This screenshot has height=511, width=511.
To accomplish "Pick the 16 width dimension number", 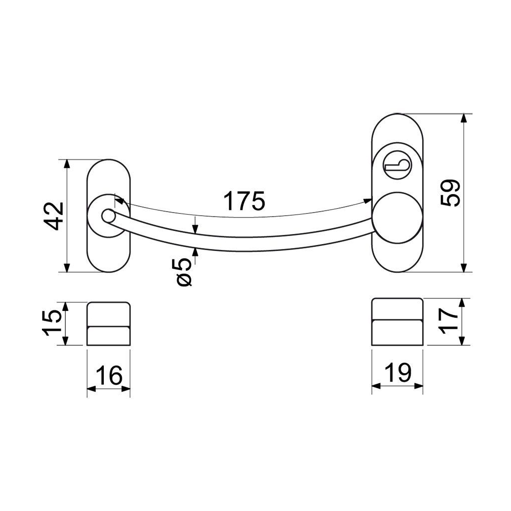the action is click(x=108, y=375).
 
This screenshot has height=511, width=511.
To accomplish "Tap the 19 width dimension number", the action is click(x=398, y=373).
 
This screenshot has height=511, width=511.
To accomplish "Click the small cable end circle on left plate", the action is click(x=107, y=216).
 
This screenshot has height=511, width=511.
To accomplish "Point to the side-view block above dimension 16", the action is click(x=108, y=323).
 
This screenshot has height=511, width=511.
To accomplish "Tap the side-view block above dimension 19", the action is click(x=398, y=321).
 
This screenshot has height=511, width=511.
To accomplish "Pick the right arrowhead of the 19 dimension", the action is click(x=419, y=387).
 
